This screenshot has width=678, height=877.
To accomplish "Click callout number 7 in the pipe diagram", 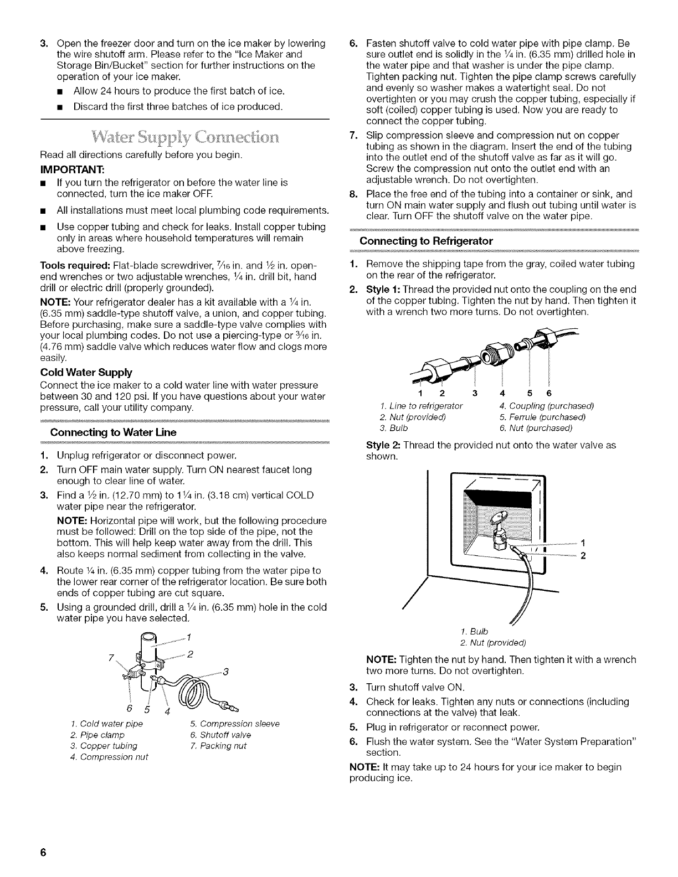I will pos(112,659).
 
